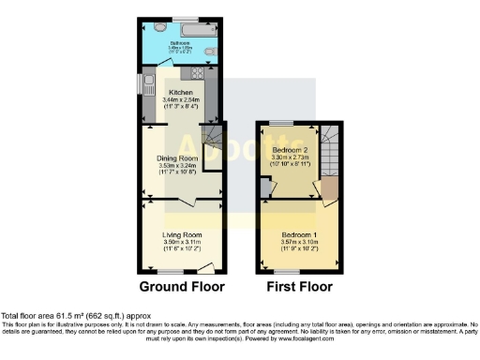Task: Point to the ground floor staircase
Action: pyautogui.click(x=216, y=144)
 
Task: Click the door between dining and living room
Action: pyautogui.click(x=188, y=202)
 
